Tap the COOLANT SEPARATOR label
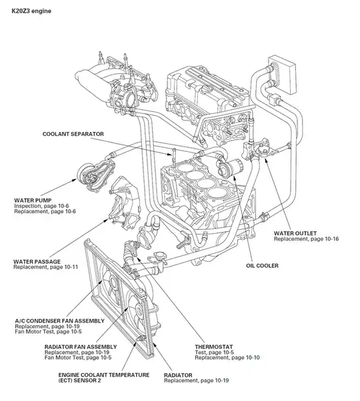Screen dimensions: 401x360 coord(73,134)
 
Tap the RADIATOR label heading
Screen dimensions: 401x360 coord(180,375)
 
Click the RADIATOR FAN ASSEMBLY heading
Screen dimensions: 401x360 coord(81,347)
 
